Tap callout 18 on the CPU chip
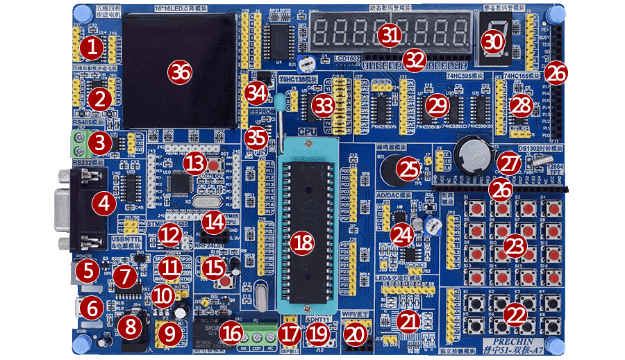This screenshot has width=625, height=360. pyautogui.click(x=303, y=243)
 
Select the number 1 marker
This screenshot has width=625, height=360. pyautogui.click(x=91, y=48)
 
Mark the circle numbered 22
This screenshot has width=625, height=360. pyautogui.click(x=515, y=316)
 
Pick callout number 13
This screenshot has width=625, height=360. pyautogui.click(x=196, y=164)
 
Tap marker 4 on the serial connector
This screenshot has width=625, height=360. pyautogui.click(x=104, y=204)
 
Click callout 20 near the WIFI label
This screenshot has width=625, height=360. pyautogui.click(x=355, y=335)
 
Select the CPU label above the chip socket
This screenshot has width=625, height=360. pyautogui.click(x=307, y=130)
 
